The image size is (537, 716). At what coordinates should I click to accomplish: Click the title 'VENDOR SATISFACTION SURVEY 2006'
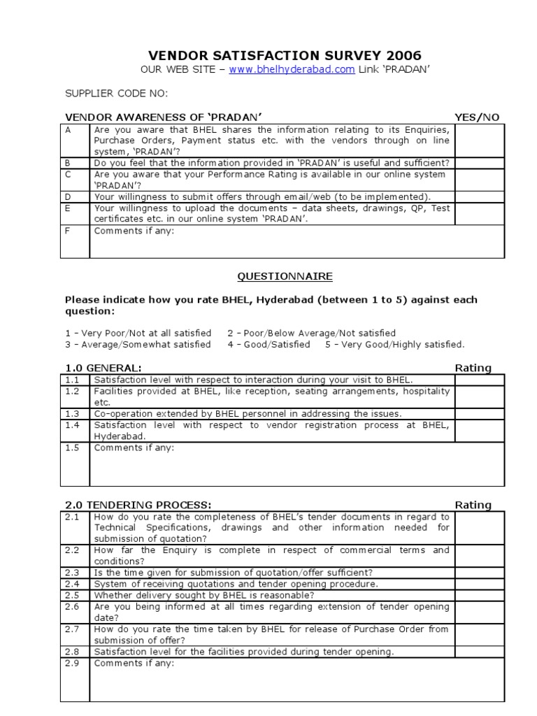tap(285, 56)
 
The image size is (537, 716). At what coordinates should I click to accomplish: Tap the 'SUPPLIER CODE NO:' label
tap(116, 94)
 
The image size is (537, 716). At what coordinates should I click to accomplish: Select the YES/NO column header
tap(477, 117)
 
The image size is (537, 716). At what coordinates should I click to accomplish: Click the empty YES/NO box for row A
tap(479, 141)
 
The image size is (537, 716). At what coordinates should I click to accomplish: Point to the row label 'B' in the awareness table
tap(69, 163)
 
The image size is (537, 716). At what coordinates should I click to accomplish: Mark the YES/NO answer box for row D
tap(479, 197)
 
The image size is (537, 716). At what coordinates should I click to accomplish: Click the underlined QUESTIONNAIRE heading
tap(285, 277)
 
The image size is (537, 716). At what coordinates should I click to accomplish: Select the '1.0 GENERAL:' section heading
tap(103, 368)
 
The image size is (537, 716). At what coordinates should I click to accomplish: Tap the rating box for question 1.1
tap(479, 380)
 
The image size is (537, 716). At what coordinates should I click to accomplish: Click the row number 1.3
tap(73, 413)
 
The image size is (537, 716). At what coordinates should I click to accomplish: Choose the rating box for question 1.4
tap(479, 430)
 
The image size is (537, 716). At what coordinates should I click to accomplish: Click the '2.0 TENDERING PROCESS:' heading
tap(138, 505)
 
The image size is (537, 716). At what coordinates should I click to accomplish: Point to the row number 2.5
tap(73, 595)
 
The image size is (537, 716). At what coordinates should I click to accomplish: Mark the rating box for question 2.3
tap(479, 573)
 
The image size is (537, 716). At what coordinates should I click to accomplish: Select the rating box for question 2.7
tap(479, 634)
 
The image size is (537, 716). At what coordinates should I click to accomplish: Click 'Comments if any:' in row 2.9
tap(134, 663)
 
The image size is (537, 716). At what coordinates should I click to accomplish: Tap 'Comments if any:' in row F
tap(134, 231)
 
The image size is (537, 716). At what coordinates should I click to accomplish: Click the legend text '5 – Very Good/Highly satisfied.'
tap(394, 344)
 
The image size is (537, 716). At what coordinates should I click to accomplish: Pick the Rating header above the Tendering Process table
tap(473, 505)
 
